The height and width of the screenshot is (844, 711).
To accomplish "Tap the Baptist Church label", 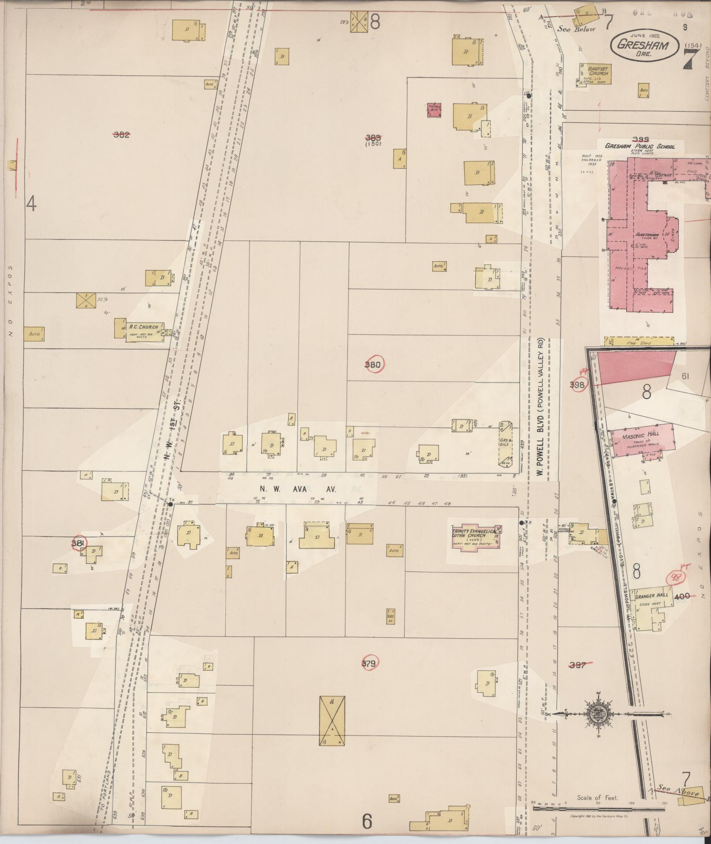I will tap(596, 71).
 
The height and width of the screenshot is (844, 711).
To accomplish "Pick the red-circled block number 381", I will tap(78, 544).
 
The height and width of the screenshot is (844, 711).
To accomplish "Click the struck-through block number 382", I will tap(121, 135).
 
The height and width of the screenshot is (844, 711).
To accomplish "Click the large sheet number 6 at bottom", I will tap(367, 821).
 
